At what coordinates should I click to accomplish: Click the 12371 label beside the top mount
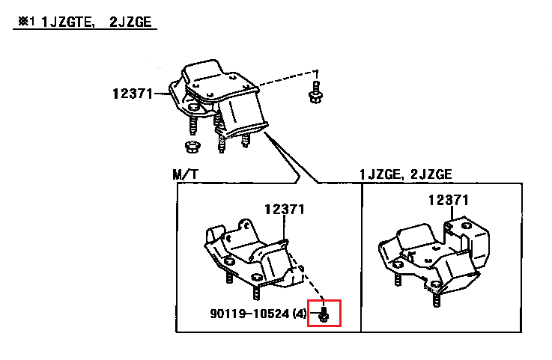pos(131,94)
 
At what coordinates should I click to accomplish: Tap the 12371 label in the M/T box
pos(284,210)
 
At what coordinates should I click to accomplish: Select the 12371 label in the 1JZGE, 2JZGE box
pos(449,200)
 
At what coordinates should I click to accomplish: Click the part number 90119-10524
pos(252,313)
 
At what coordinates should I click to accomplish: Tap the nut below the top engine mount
pos(192,145)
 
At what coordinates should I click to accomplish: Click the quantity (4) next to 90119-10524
pos(300,313)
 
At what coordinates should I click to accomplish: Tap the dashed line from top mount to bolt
pos(285,76)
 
